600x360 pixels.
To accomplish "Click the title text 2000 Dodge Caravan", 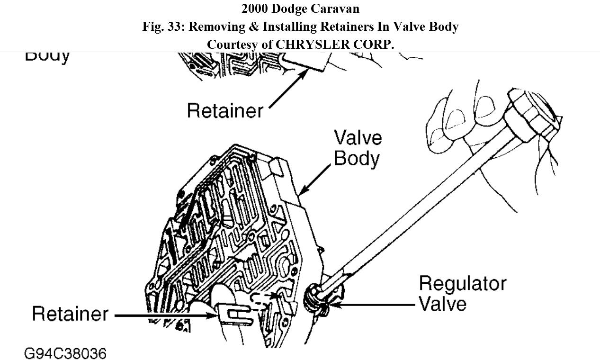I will [x=300, y=9].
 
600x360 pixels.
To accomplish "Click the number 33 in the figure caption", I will [x=175, y=27].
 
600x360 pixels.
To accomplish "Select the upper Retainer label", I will [x=225, y=110].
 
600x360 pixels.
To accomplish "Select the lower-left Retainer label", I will [x=70, y=314].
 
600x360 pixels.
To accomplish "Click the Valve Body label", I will [x=358, y=148].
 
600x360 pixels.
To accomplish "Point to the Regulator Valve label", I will [x=462, y=293].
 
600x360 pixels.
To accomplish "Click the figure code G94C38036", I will [x=65, y=353].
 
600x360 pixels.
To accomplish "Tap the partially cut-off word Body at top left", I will [x=47, y=55].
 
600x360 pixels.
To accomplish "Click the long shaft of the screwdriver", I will [x=417, y=208].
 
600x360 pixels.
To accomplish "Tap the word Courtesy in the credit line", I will [x=233, y=44].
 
